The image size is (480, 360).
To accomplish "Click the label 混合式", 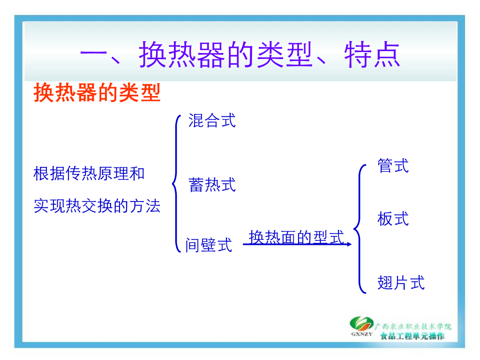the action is point(212,120).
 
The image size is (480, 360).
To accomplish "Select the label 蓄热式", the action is point(212,185).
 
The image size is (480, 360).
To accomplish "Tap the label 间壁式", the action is point(209,245).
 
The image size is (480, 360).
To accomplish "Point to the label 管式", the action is point(393,165).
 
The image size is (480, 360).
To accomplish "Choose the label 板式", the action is point(393,218).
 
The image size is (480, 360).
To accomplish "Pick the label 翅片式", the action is point(401,282).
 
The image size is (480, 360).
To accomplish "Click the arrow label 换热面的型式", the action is point(296,237).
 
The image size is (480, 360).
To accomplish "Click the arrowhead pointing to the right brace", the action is point(349,244).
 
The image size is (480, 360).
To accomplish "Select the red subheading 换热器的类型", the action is point(97,92).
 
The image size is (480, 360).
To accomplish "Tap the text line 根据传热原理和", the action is point(89,173).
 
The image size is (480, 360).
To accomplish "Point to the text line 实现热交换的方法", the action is point(97,205).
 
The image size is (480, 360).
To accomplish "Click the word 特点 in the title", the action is point(372,54).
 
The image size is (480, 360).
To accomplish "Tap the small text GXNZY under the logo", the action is point(361,334).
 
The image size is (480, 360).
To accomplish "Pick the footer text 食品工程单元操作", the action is point(412,336).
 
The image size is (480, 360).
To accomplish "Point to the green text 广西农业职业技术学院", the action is point(413,327).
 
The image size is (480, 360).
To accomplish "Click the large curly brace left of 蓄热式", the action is point(176,184).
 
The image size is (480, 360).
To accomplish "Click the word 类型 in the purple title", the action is point(285,54).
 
